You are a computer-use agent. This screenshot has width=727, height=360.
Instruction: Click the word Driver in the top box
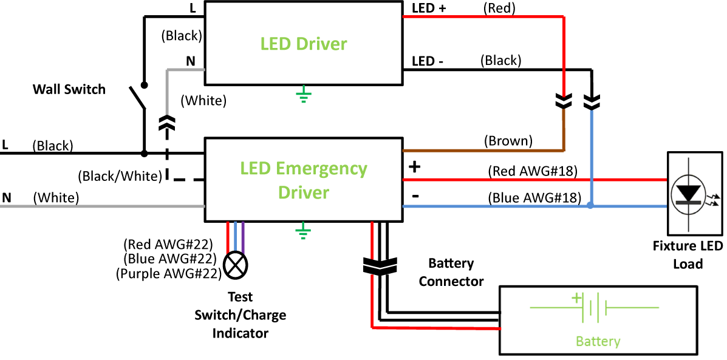[x=321, y=44]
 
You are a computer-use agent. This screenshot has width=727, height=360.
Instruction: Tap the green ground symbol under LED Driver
[x=303, y=95]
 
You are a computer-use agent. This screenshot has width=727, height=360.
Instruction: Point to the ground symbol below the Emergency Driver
[x=302, y=231]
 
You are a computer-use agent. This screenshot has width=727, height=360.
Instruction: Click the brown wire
[x=486, y=150]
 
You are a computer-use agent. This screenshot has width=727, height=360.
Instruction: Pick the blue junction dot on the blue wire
[x=590, y=205]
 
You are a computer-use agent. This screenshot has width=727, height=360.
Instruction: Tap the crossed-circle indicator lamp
[x=235, y=265]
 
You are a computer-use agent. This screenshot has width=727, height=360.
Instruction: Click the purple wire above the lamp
[x=243, y=237]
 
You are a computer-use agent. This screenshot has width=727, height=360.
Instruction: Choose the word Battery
[x=598, y=341]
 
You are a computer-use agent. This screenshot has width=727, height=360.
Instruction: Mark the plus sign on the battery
[x=576, y=298]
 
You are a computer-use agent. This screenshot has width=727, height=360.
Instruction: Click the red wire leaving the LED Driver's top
[x=486, y=17]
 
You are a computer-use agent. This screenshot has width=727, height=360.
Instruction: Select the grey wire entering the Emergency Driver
[x=103, y=206]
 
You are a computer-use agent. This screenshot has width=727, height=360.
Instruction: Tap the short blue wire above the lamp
[x=235, y=237]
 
